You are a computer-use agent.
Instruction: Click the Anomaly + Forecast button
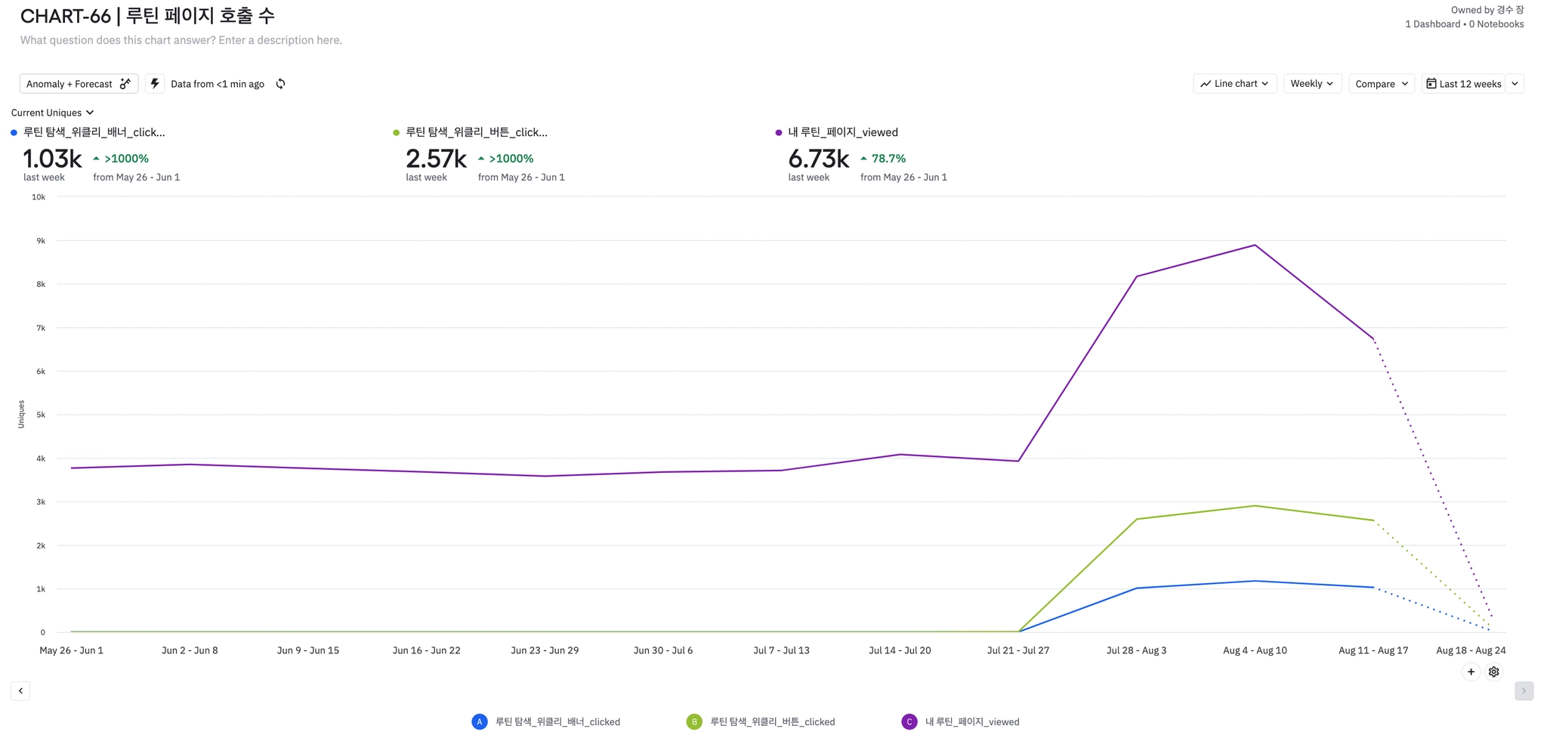click(x=78, y=84)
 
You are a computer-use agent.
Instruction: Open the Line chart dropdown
click(x=1234, y=84)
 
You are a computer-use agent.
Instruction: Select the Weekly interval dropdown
click(x=1311, y=84)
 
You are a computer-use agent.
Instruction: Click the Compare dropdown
click(x=1381, y=84)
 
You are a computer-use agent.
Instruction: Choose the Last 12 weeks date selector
click(x=1463, y=84)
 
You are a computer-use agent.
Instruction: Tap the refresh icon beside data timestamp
click(x=280, y=84)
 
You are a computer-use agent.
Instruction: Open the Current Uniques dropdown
click(x=52, y=113)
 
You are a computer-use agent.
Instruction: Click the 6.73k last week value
click(x=818, y=159)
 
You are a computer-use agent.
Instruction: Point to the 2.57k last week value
click(x=436, y=159)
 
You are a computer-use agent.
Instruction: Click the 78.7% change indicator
click(x=888, y=159)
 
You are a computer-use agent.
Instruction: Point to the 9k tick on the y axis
click(x=41, y=241)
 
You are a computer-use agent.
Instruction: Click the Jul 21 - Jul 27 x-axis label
click(x=1017, y=650)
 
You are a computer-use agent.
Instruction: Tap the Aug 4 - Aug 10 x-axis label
click(x=1255, y=650)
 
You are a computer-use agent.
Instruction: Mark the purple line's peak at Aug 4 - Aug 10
click(x=1255, y=245)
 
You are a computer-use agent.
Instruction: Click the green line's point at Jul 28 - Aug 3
click(x=1137, y=519)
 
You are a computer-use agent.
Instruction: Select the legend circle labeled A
click(x=480, y=722)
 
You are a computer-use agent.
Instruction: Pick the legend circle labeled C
click(x=909, y=722)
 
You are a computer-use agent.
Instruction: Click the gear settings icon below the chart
click(x=1493, y=672)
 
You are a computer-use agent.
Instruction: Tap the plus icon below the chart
click(x=1471, y=672)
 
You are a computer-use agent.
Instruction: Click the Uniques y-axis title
click(x=21, y=414)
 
